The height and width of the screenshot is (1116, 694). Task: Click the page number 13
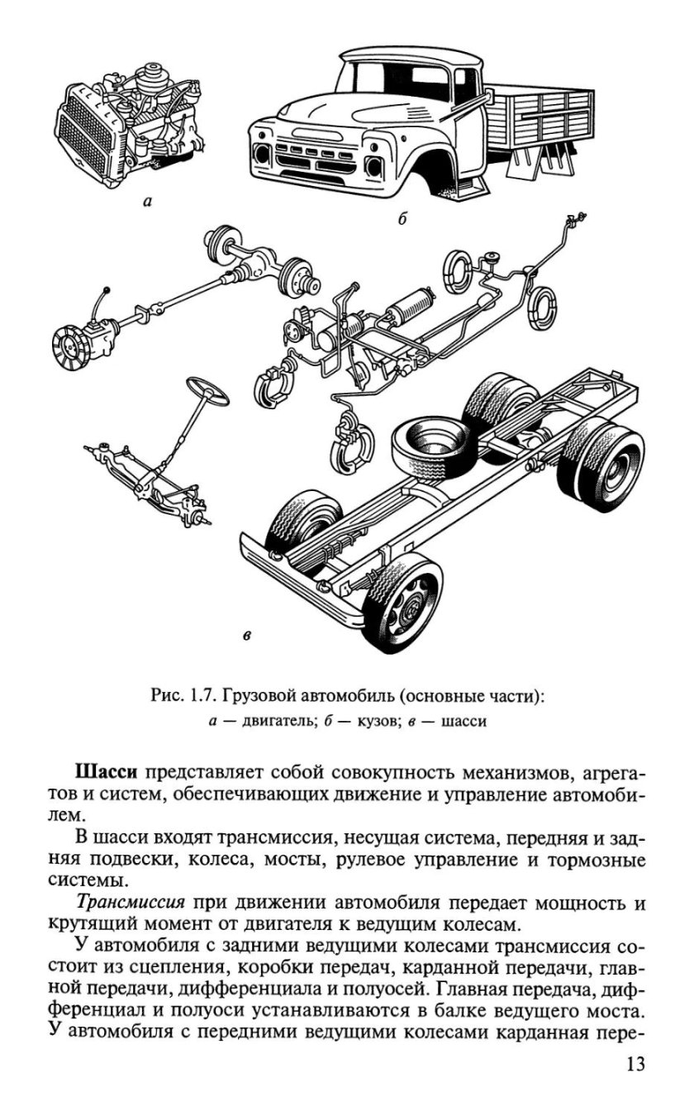tap(632, 1063)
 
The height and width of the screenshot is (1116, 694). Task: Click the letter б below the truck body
tap(402, 219)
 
